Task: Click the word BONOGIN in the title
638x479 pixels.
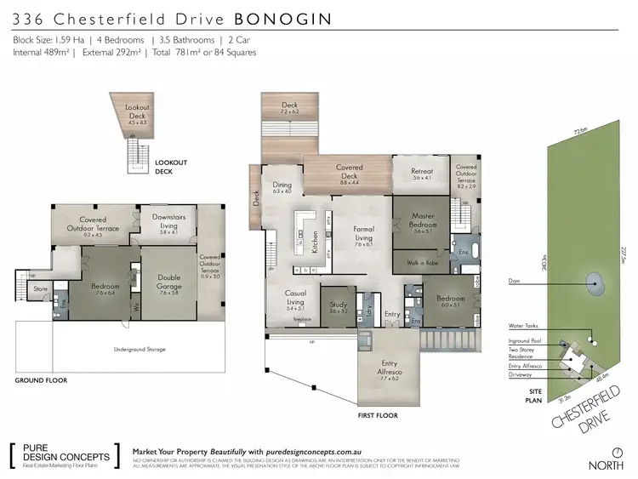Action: tap(284, 17)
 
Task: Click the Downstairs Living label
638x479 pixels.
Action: tap(168, 220)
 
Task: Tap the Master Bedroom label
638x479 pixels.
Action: tap(423, 220)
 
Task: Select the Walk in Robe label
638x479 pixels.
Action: tap(423, 263)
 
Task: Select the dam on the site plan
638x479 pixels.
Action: tap(592, 281)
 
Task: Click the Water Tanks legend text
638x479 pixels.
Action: tap(521, 325)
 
